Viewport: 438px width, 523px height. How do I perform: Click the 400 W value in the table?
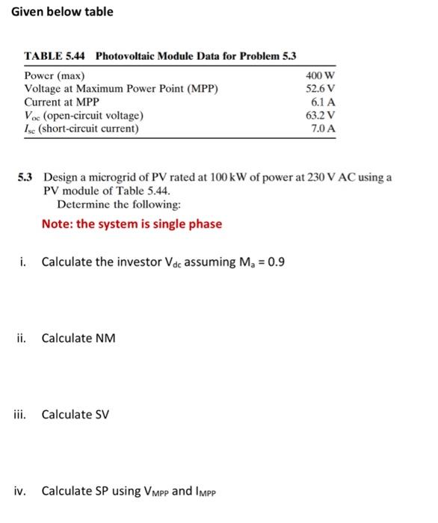coord(321,76)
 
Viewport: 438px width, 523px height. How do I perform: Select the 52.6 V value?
coord(321,89)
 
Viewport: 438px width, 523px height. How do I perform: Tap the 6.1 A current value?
coord(324,102)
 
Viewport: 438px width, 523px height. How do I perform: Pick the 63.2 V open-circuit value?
coord(321,116)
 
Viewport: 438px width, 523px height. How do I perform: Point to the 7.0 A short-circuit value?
coord(324,129)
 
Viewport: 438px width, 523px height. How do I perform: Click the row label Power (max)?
coord(55,76)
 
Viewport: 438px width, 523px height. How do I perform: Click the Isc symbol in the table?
coord(31,129)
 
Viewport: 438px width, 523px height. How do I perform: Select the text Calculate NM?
coord(78,338)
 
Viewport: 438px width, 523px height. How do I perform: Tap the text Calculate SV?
coord(75,415)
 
